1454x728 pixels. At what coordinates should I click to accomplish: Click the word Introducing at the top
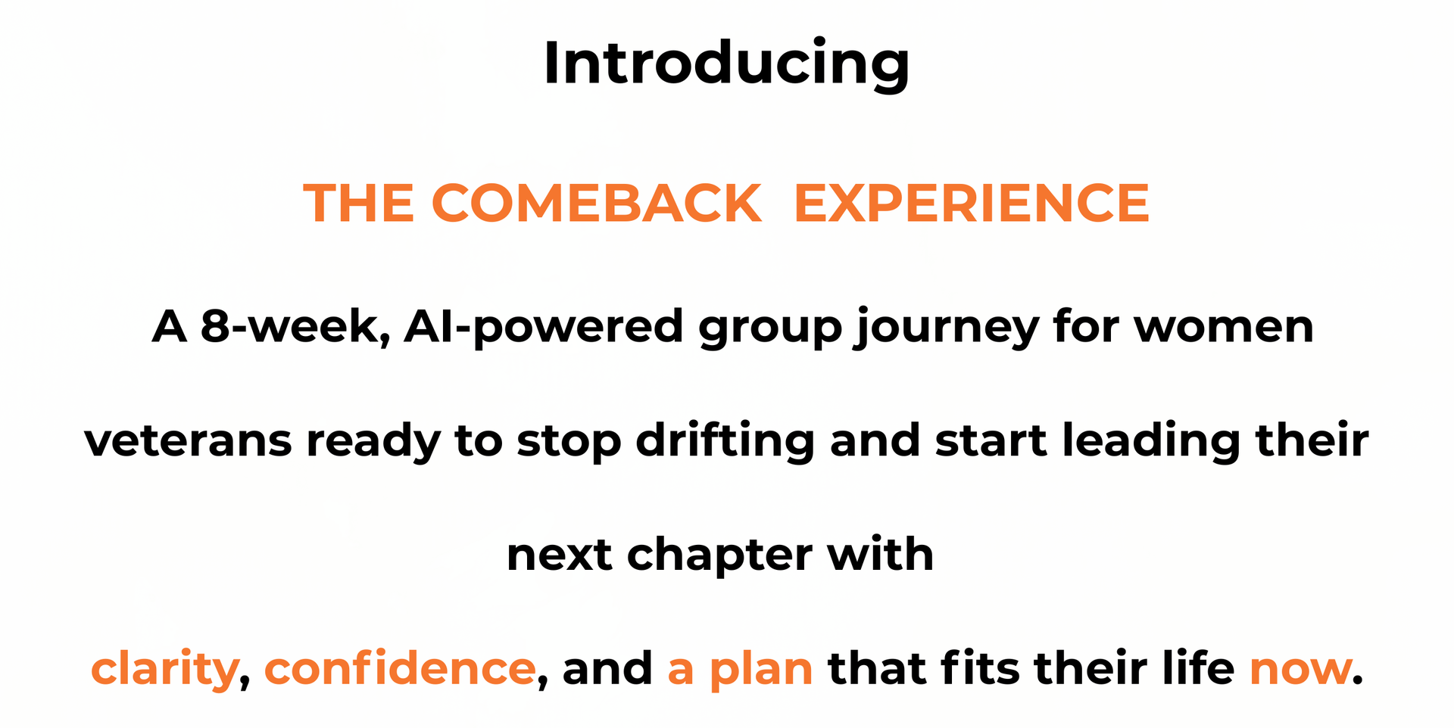pos(726,64)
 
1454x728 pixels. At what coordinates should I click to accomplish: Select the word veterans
pos(188,441)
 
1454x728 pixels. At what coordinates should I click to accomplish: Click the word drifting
pos(725,441)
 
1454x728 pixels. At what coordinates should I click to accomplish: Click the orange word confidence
pos(400,668)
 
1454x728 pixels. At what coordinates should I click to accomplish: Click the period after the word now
pos(1358,681)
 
